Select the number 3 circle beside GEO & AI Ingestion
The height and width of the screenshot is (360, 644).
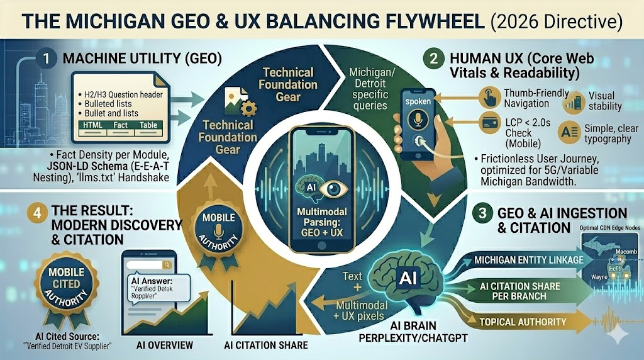coord(481,214)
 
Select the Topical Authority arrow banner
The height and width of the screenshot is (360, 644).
coord(522,322)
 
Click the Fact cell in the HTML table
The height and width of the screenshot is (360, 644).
coord(121,125)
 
